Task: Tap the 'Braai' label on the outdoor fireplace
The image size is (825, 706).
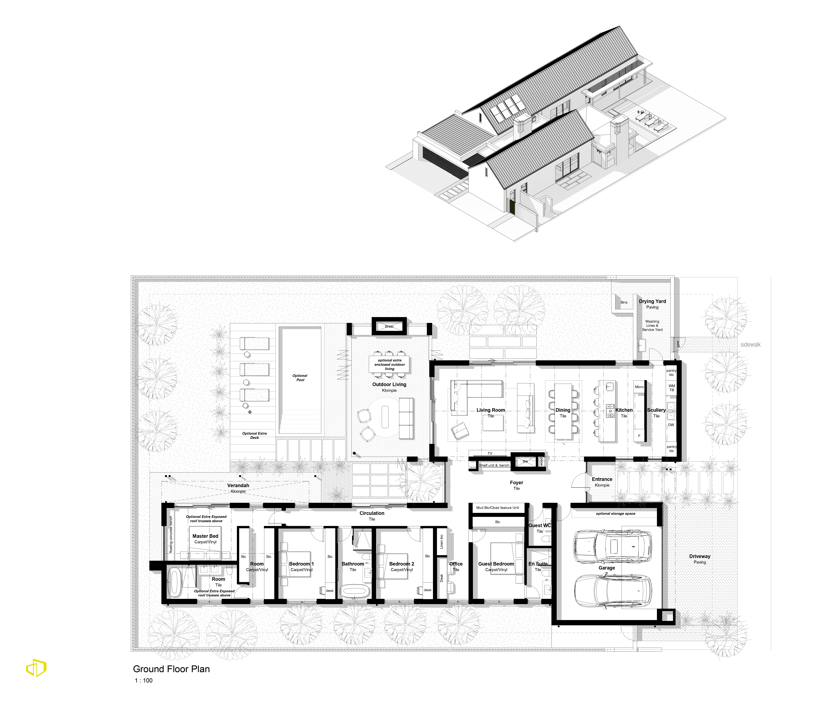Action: coord(389,326)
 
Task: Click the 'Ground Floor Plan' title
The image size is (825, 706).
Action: coord(171,669)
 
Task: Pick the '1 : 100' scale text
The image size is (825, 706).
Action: coord(144,681)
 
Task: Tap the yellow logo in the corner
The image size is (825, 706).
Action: coord(36,668)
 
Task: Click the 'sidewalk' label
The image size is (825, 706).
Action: coord(750,345)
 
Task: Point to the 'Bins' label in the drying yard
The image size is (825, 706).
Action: coord(624,302)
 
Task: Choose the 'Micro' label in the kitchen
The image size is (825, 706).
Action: coord(639,387)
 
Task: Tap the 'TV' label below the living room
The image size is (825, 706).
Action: coord(490,453)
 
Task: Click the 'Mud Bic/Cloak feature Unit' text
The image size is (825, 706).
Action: coord(498,508)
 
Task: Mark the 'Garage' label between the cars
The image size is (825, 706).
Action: coord(607,568)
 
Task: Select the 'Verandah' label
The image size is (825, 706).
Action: coord(238,485)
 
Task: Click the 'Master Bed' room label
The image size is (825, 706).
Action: coord(205,536)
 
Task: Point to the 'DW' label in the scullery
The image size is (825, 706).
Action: coord(671,425)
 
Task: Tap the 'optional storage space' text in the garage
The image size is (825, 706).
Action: coord(616,514)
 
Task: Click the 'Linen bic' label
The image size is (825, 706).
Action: coord(442,541)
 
